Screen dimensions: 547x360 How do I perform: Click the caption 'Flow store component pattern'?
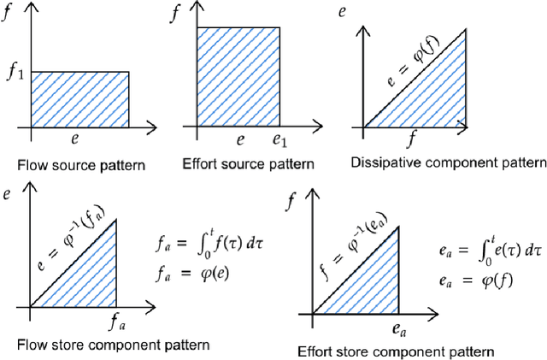[x=113, y=344]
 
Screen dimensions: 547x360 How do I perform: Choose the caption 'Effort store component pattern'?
[x=396, y=351]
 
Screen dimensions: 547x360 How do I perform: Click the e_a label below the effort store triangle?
[x=397, y=328]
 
